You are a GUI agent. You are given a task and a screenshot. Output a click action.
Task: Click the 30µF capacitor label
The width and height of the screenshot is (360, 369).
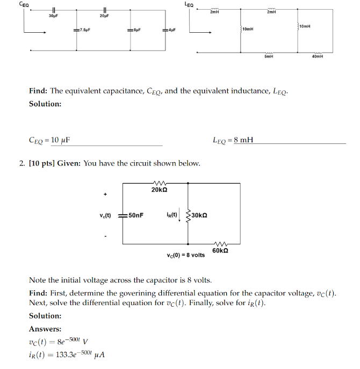53,17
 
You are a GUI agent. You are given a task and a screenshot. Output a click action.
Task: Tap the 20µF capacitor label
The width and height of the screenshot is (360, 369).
104,17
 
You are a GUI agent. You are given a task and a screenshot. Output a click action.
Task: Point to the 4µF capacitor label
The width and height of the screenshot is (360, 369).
172,30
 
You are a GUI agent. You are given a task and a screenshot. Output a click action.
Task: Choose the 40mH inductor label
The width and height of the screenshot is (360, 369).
318,56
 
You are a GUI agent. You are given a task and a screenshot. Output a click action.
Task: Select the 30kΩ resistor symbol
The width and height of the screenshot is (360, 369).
188,215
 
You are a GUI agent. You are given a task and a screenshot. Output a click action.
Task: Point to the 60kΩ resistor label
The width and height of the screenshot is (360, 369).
220,250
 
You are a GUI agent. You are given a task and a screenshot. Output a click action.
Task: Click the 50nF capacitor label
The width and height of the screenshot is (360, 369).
136,215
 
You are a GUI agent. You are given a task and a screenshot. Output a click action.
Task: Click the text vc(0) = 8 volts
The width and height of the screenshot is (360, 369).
185,255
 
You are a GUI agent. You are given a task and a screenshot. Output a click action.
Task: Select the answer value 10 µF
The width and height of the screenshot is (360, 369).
61,141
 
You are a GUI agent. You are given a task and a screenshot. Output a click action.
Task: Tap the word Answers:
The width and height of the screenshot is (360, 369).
45,329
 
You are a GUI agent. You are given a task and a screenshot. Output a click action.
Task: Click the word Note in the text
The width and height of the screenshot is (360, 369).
38,280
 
